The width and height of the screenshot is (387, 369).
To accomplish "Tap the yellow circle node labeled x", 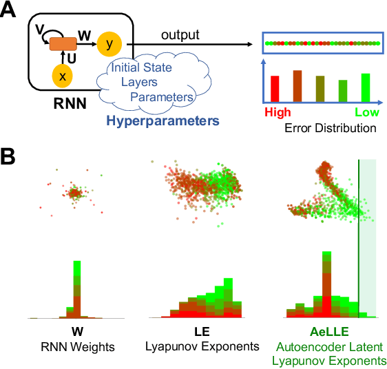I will coord(62,77).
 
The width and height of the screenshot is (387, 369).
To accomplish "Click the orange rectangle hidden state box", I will coord(62,44).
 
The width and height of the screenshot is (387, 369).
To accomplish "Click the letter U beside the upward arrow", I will coord(71,60).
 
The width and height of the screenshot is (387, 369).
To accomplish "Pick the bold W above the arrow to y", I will coord(85,32).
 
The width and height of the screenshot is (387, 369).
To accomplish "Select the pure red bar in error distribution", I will coord(274,87).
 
